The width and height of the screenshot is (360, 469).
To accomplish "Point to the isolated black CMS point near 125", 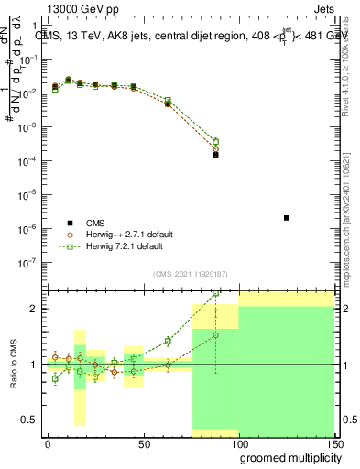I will pos(287,218).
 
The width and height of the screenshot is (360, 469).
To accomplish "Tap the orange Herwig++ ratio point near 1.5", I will pos(215,335).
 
